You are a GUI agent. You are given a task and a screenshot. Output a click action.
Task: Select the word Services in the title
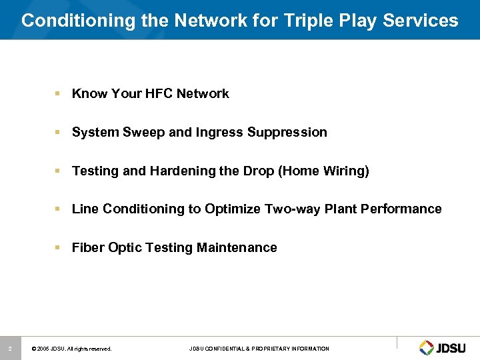pos(421,21)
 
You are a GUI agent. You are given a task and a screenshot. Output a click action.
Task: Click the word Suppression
pos(287,132)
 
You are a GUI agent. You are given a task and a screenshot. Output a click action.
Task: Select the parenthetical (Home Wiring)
pos(324,171)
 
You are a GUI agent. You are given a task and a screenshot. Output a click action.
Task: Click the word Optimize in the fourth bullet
pos(232,209)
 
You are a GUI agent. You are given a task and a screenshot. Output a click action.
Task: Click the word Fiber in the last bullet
pos(88,247)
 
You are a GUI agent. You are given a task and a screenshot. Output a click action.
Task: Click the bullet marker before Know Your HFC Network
pos(60,94)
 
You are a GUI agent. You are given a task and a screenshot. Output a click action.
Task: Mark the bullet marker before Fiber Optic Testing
pos(60,247)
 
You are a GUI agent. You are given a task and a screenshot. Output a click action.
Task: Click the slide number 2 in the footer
pos(10,348)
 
